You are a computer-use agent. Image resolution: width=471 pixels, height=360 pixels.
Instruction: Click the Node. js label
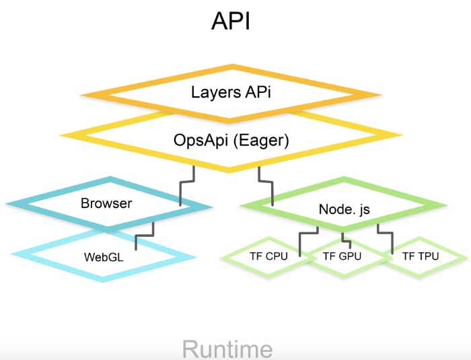click(343, 209)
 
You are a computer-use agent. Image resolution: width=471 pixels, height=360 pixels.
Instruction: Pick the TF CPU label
click(268, 256)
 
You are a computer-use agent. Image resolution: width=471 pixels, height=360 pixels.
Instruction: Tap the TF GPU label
click(342, 256)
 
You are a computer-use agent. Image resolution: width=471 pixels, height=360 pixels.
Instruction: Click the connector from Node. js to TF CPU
click(306, 236)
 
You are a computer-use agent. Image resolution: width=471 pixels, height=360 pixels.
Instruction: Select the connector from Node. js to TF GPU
click(343, 236)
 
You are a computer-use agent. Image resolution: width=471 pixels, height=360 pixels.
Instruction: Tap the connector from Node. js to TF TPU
click(385, 238)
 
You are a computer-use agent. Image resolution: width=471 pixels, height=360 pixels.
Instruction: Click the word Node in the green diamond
click(331, 209)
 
